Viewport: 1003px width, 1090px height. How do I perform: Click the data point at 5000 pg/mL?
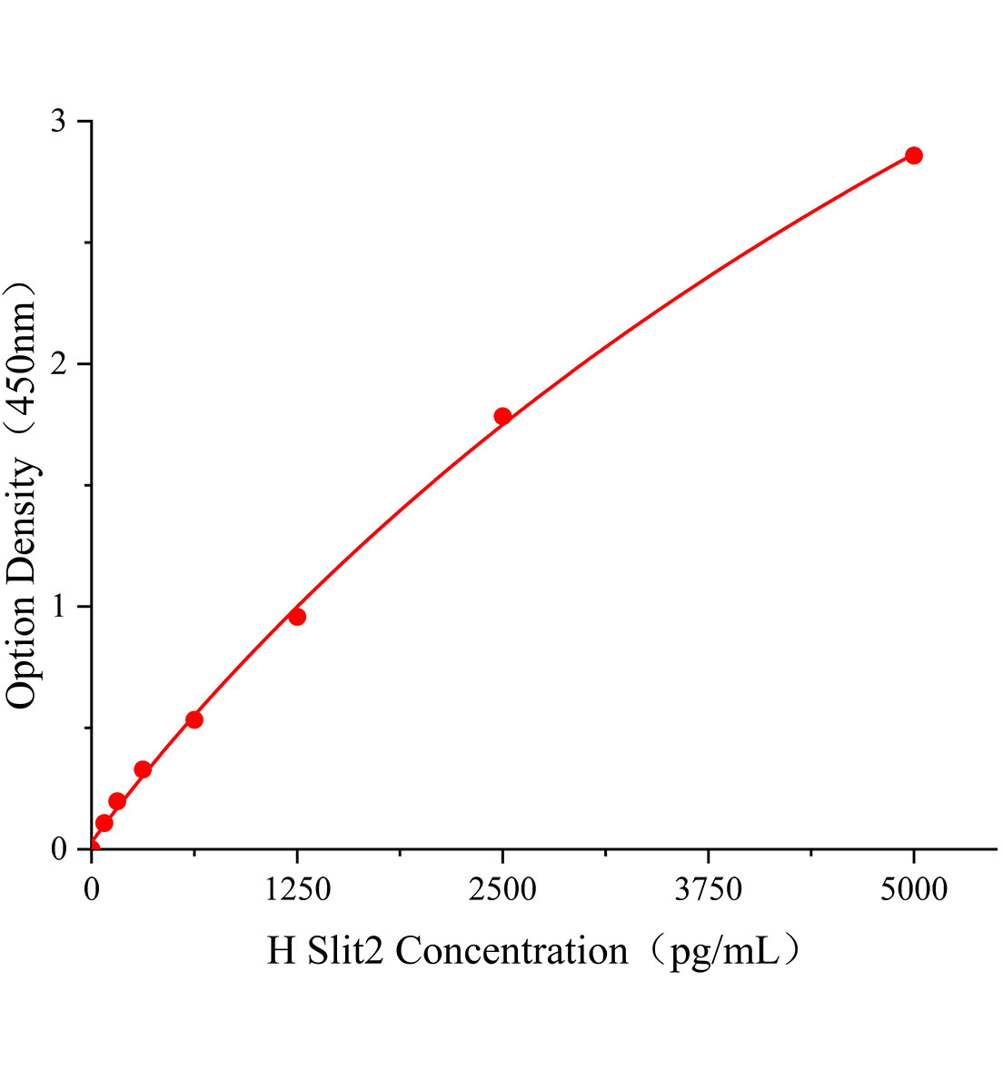[x=914, y=155]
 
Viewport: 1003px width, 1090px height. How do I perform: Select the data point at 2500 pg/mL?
[x=502, y=416]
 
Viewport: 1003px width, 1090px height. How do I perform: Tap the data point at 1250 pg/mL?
[x=297, y=617]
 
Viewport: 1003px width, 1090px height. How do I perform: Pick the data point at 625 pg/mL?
[x=194, y=719]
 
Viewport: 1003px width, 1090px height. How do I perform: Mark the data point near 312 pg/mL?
[x=143, y=769]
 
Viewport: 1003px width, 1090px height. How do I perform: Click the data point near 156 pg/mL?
[x=117, y=801]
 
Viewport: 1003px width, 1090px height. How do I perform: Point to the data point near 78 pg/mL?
[x=104, y=823]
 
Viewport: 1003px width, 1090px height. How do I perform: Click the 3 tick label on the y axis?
[x=59, y=121]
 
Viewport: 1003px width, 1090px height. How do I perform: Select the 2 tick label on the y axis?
[x=59, y=363]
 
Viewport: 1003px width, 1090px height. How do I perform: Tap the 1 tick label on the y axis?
[x=59, y=606]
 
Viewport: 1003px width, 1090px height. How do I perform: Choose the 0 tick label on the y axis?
[x=59, y=849]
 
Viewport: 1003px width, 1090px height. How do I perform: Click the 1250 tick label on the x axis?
[x=297, y=889]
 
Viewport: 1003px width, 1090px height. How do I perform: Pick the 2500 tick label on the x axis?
[x=502, y=889]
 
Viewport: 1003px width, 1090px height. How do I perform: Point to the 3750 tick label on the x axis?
[x=708, y=889]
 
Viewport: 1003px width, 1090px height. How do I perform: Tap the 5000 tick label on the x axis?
[x=914, y=889]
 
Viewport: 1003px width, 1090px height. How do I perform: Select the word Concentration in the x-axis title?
[x=511, y=951]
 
